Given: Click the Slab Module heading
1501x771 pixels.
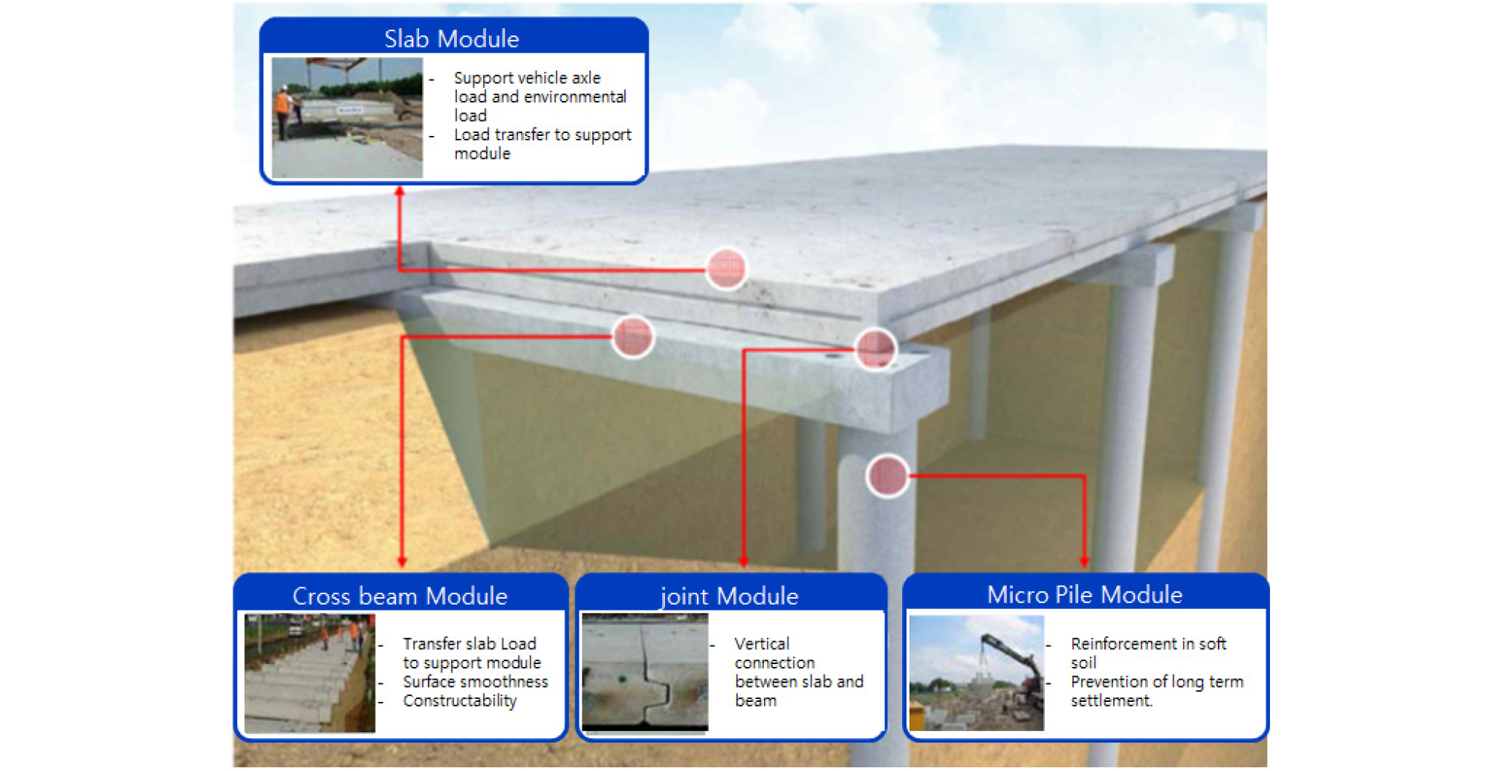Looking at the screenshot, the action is click(451, 39).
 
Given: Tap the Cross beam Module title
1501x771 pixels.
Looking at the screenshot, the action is click(400, 596).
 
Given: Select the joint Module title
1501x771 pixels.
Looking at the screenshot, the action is click(729, 596).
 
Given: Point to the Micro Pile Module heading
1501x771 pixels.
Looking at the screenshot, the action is click(1084, 594).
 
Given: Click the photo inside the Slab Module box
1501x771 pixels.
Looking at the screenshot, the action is click(347, 117).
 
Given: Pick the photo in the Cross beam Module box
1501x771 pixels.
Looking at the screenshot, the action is click(310, 673).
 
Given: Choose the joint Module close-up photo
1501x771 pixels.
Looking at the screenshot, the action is click(645, 672).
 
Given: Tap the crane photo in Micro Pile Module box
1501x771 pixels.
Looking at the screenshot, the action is click(976, 673).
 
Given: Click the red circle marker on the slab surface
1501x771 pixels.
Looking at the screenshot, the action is click(726, 268).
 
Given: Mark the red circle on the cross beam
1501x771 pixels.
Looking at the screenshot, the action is click(632, 336).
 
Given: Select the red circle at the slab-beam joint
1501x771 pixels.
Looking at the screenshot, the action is click(875, 348).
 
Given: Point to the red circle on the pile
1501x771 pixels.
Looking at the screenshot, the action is click(887, 475).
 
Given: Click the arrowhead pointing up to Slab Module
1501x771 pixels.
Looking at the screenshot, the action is click(400, 191).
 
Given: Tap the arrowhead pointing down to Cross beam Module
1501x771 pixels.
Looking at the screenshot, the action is click(402, 562).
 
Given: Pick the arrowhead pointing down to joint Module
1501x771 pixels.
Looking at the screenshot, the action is click(744, 562).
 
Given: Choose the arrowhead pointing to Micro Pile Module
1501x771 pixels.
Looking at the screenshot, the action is click(1084, 562).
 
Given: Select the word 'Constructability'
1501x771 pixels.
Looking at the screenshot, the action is click(460, 700).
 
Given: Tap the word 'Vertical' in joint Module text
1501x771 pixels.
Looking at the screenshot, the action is click(762, 643).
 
